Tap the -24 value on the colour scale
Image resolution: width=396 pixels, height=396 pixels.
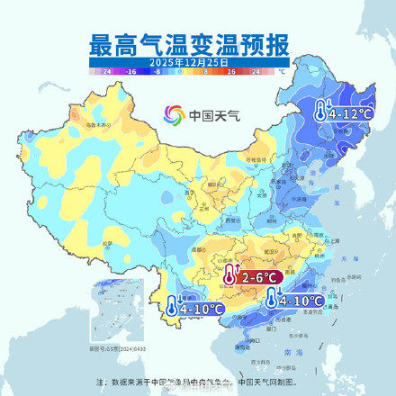pyautogui.click(x=107, y=69)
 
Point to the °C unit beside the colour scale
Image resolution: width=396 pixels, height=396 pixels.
pyautogui.click(x=282, y=69)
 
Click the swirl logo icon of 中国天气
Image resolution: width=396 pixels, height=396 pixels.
pyautogui.click(x=174, y=114)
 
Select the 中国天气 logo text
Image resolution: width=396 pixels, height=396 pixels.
pyautogui.click(x=209, y=115)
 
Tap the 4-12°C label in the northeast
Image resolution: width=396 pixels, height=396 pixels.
pyautogui.click(x=349, y=114)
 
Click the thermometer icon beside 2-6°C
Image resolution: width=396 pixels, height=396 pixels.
pyautogui.click(x=231, y=275)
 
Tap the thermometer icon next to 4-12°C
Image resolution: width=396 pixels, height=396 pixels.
pyautogui.click(x=321, y=111)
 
